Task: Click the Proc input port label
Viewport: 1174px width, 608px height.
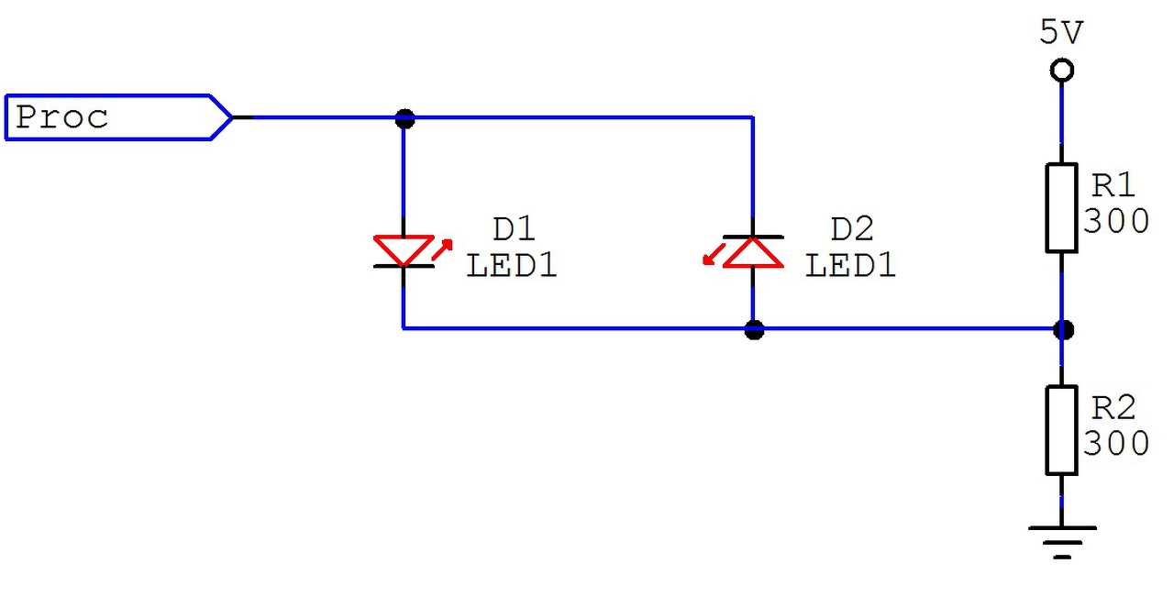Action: (62, 117)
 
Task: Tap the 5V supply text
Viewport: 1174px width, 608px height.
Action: (1061, 33)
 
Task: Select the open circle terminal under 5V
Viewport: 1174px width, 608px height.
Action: (1062, 70)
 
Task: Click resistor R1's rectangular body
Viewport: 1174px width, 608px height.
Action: (1061, 207)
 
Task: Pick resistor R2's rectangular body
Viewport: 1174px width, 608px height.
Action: (1061, 429)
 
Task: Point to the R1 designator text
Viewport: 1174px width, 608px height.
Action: (1113, 186)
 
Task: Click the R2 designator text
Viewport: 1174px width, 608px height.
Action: (1113, 407)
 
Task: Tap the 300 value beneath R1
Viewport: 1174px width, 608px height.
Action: (1116, 221)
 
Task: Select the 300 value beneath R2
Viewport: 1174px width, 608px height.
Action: (1116, 444)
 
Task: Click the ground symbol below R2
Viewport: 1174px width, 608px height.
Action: (1062, 541)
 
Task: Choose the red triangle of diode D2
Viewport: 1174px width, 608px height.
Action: (753, 252)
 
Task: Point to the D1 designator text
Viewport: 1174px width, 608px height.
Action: (513, 229)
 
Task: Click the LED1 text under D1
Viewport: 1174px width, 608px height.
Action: (512, 266)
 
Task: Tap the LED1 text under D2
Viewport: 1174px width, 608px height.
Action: (850, 266)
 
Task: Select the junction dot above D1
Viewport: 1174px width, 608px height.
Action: (404, 118)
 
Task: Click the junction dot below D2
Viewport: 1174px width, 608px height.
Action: (754, 329)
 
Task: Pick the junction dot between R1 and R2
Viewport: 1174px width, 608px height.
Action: (1063, 329)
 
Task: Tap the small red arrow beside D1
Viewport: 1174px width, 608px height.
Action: (442, 249)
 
